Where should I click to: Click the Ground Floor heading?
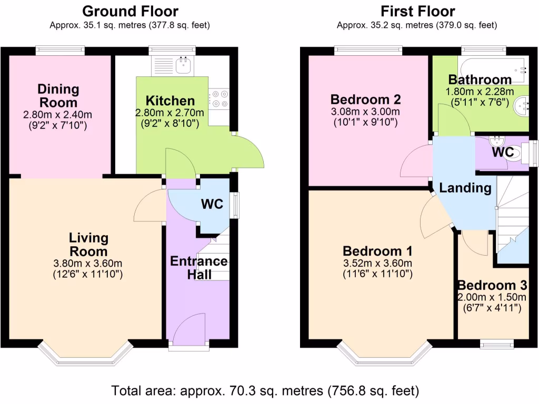point(130,11)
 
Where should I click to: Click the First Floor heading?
point(417,11)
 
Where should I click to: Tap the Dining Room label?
point(58,96)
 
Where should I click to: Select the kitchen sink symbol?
point(184,65)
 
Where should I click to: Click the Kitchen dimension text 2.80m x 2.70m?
point(170,112)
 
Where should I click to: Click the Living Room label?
point(88,245)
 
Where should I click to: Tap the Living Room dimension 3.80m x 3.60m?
point(88,264)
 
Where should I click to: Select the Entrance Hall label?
point(198,268)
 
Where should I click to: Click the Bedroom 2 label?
point(366,99)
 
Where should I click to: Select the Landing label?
point(465,188)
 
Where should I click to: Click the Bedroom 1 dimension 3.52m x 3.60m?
point(377,263)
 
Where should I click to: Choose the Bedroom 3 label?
point(492,286)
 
